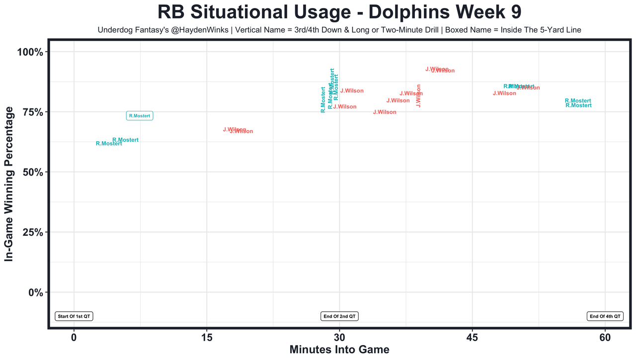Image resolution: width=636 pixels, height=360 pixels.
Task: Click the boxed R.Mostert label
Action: pyautogui.click(x=140, y=116)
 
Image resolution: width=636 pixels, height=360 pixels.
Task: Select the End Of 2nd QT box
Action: pyautogui.click(x=340, y=316)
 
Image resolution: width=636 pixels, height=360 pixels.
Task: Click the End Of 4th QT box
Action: pyautogui.click(x=605, y=316)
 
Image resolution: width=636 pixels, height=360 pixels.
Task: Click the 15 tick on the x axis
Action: pyautogui.click(x=207, y=338)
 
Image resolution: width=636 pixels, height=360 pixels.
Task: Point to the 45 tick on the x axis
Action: pyautogui.click(x=473, y=338)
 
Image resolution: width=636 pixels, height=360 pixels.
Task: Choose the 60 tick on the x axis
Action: pyautogui.click(x=605, y=338)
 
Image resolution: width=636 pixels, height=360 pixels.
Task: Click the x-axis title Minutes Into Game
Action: pyautogui.click(x=339, y=350)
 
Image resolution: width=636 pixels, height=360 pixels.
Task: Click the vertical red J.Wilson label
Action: pyautogui.click(x=418, y=95)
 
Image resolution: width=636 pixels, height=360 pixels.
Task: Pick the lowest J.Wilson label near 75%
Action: pyautogui.click(x=385, y=112)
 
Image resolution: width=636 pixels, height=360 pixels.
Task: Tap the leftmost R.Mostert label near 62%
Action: pyautogui.click(x=109, y=144)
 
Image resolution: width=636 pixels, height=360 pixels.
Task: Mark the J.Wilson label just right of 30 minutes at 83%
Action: pyautogui.click(x=352, y=91)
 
